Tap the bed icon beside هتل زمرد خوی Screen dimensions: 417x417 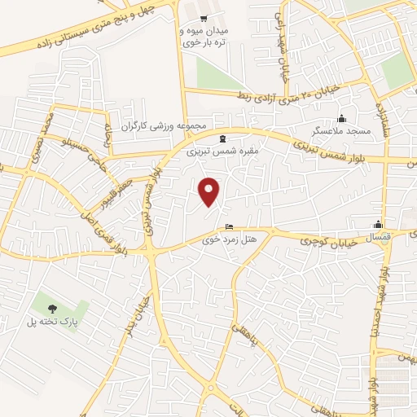click(x=229, y=226)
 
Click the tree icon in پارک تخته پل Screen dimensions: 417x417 click(x=52, y=309)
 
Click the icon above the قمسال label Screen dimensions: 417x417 click(x=378, y=225)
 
